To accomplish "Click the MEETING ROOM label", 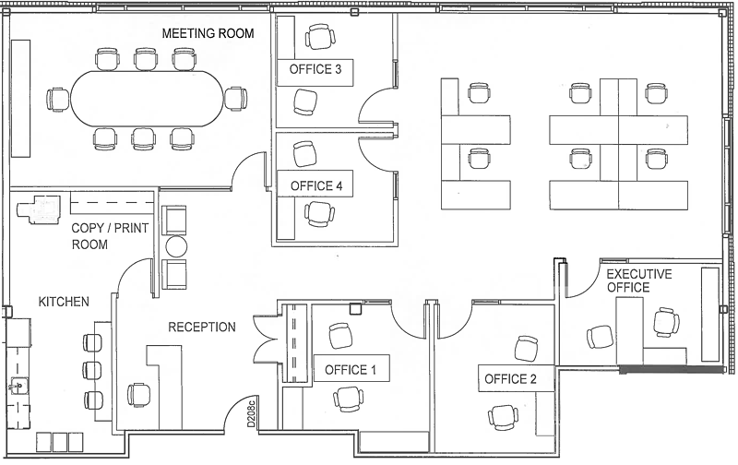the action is click(x=208, y=33).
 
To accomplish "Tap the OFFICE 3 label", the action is click(x=315, y=69).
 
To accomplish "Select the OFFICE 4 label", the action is click(x=316, y=185).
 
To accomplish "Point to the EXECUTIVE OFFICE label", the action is click(x=638, y=280).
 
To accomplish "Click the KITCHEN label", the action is click(x=64, y=302).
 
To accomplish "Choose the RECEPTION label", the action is click(x=202, y=328).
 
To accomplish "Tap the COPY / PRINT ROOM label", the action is click(x=110, y=236).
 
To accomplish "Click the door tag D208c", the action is click(x=251, y=413).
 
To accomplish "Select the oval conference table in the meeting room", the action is click(x=148, y=99).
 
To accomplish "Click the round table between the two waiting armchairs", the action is click(x=175, y=246).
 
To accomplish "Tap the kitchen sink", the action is click(x=18, y=387).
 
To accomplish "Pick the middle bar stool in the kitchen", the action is click(x=93, y=371).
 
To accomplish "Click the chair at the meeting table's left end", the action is click(x=58, y=100).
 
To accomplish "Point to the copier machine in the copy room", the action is click(x=40, y=209).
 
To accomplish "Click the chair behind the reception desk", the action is click(x=139, y=394).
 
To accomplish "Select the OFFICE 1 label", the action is click(x=351, y=370).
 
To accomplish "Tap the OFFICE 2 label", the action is click(x=510, y=379).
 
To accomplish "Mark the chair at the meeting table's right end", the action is click(x=235, y=99).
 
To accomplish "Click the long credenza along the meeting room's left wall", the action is click(x=20, y=99).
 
